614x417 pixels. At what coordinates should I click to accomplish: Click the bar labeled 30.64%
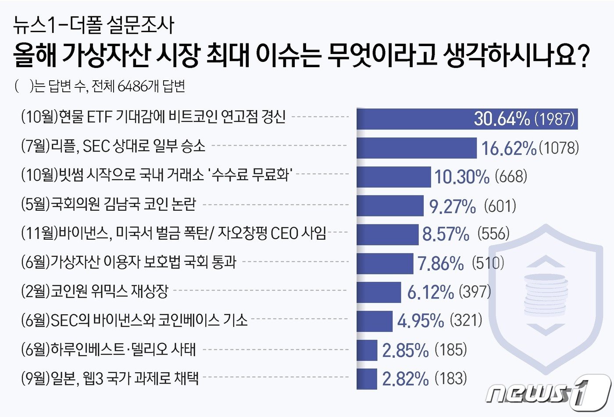pyautogui.click(x=467, y=119)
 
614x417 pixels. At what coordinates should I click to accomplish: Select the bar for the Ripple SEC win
pyautogui.click(x=416, y=148)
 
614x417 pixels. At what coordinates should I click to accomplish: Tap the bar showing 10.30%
pyautogui.click(x=393, y=177)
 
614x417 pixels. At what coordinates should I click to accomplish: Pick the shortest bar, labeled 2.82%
pyautogui.click(x=367, y=379)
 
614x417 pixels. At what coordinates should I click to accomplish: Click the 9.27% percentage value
pyautogui.click(x=453, y=206)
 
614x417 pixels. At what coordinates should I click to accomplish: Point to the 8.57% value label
pyautogui.click(x=446, y=234)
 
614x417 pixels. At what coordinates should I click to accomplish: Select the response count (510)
pyautogui.click(x=488, y=263)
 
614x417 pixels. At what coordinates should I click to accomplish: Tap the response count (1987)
pyautogui.click(x=555, y=119)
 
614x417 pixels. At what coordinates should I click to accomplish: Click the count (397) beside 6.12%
pyautogui.click(x=475, y=291)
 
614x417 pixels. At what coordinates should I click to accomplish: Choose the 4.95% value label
pyautogui.click(x=421, y=320)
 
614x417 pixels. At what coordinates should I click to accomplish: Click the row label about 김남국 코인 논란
pyautogui.click(x=109, y=205)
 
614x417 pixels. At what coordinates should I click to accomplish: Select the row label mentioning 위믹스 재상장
pyautogui.click(x=95, y=291)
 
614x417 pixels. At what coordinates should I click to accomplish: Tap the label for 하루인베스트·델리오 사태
pyautogui.click(x=109, y=350)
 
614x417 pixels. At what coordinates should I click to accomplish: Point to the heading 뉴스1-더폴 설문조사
pyautogui.click(x=93, y=25)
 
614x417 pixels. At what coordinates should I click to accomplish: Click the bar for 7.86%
pyautogui.click(x=385, y=263)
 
